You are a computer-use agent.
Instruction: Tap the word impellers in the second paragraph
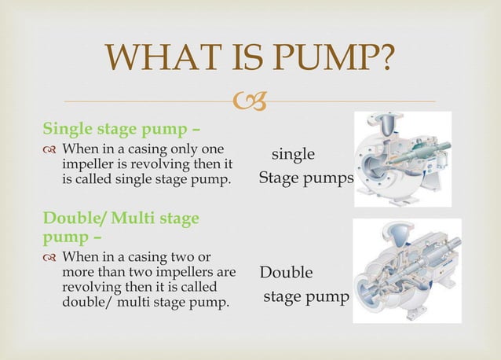(x=194, y=272)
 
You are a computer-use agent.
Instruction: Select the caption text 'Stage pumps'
(x=306, y=178)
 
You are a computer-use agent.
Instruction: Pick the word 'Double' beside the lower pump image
(x=286, y=273)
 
